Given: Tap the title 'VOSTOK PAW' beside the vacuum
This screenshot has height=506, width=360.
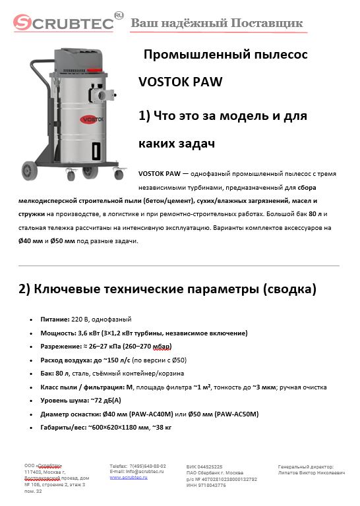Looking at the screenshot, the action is coord(180,82).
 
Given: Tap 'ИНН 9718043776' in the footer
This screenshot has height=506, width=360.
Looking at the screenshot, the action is coord(207,485).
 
